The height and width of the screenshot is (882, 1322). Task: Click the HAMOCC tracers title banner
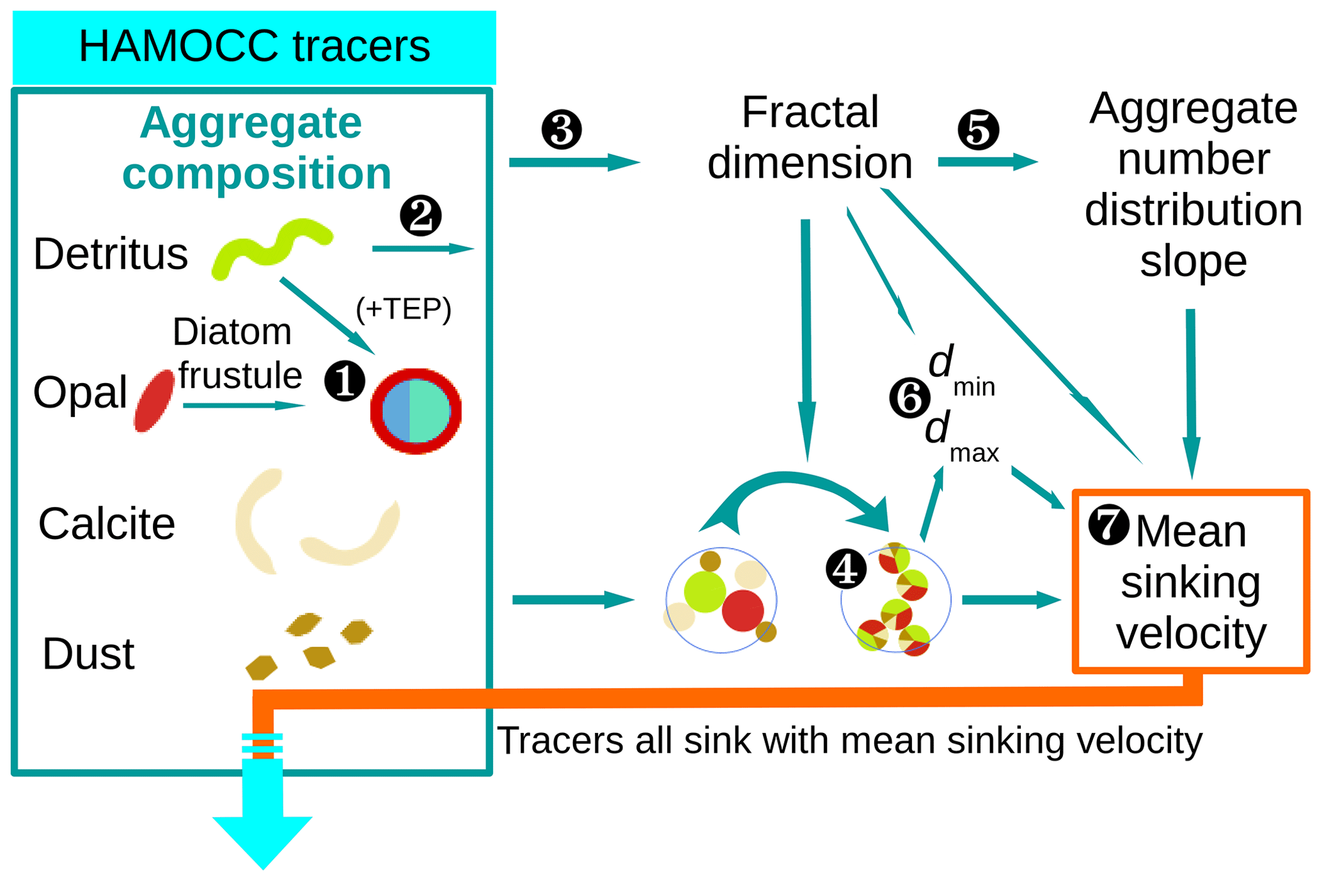(254, 47)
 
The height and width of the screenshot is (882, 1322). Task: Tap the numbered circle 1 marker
(344, 381)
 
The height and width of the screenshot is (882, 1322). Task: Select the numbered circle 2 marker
(420, 216)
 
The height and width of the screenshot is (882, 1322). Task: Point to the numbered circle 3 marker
(561, 130)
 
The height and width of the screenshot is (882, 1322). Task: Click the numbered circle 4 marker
(846, 569)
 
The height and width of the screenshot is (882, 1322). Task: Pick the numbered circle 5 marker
(978, 130)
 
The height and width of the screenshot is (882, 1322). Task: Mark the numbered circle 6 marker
(909, 398)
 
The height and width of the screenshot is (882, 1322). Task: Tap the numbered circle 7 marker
(1108, 524)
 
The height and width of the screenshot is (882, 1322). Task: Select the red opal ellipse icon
(154, 401)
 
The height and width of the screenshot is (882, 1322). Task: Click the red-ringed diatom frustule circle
(416, 411)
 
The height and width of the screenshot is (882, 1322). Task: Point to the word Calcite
(107, 524)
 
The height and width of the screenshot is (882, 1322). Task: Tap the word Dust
(88, 654)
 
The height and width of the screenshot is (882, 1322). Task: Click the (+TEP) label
(404, 310)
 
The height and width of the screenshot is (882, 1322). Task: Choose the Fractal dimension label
(810, 137)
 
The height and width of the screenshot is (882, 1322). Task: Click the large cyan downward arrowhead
(262, 838)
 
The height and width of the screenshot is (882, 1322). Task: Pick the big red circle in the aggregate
(743, 611)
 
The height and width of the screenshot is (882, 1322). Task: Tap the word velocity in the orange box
(1191, 633)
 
